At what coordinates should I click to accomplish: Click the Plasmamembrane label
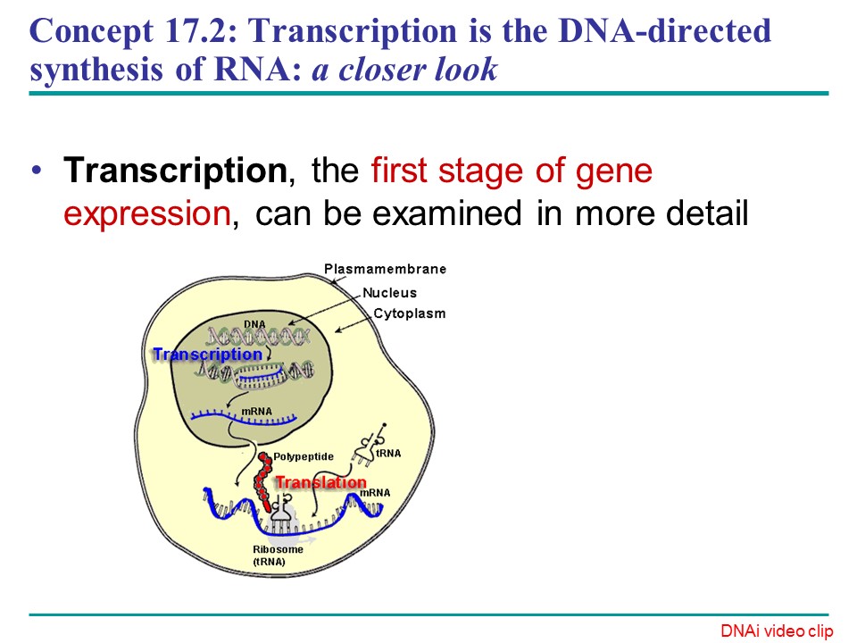point(385,269)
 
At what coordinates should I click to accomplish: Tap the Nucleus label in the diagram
point(389,292)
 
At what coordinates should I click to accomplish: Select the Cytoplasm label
point(409,314)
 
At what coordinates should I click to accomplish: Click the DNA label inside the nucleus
point(254,323)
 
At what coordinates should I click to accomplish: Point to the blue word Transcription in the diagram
point(207,355)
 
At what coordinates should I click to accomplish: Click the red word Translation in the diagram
point(320,482)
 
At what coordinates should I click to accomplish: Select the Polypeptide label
point(303,456)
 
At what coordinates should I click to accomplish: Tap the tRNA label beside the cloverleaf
point(389,453)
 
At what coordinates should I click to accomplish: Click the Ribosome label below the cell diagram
point(278,549)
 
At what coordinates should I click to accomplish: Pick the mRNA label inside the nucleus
point(257,412)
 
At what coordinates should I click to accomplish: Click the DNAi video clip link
point(777,631)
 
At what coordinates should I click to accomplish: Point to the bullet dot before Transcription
point(36,171)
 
